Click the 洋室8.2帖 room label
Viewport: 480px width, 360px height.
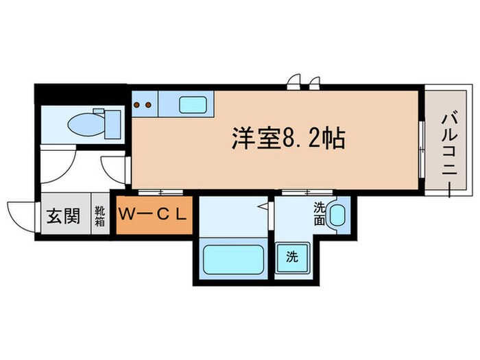287,141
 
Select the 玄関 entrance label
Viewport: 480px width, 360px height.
62,217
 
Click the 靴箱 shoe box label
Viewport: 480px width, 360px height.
100,217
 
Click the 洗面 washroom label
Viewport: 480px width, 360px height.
320,213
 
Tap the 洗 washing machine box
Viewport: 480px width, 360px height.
291,258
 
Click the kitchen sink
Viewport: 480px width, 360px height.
193,105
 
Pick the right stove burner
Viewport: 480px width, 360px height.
149,105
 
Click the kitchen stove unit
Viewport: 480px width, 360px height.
145,105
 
